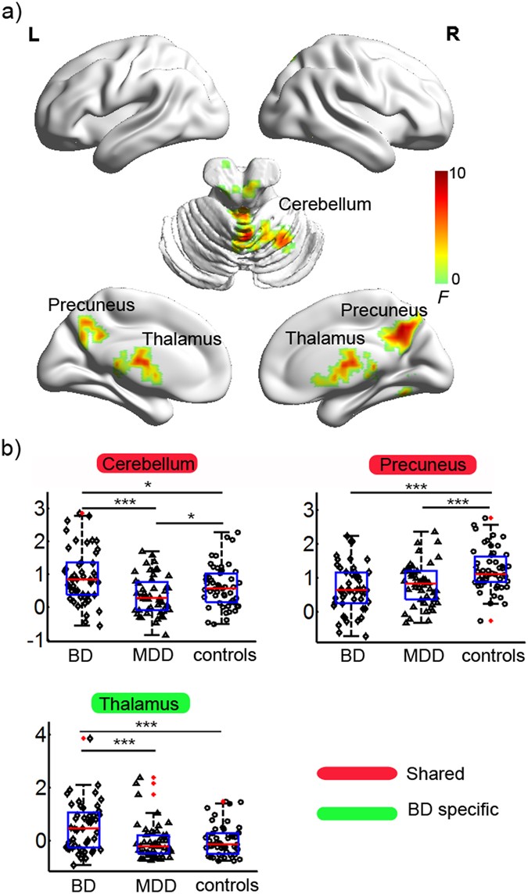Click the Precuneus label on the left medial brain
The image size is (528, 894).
80,304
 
